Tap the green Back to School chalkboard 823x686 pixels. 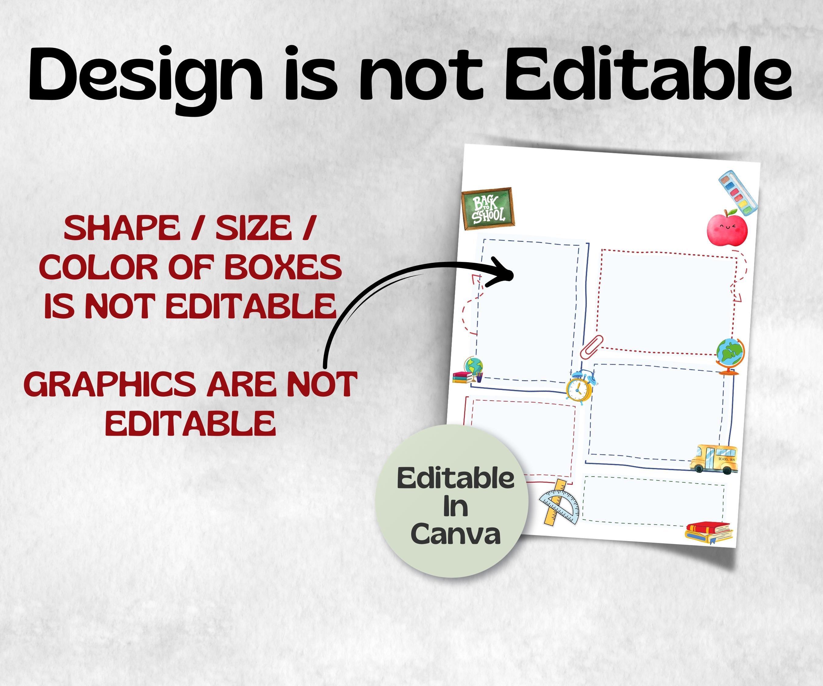click(488, 208)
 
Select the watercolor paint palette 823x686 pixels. click(738, 192)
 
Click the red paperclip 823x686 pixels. click(591, 347)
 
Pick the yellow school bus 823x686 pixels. click(713, 458)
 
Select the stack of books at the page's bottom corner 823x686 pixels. click(709, 532)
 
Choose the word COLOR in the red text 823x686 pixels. click(98, 267)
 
